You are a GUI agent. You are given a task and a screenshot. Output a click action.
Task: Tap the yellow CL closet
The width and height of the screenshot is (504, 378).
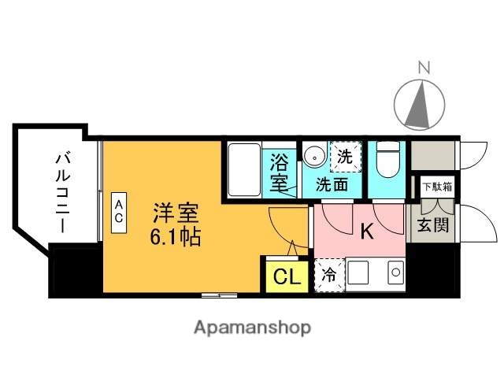[x=285, y=276]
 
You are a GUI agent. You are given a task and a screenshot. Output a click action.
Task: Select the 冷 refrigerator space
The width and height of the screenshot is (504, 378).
[x=328, y=276]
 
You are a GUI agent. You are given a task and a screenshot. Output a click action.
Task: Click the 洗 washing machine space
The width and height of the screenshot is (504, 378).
[x=345, y=156]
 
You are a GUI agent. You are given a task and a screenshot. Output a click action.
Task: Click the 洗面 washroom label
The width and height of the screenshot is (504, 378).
[x=332, y=186]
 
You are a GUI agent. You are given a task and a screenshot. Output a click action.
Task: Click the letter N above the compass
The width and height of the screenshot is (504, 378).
[x=424, y=67]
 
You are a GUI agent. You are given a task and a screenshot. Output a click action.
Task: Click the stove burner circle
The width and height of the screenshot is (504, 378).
[x=396, y=273]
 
